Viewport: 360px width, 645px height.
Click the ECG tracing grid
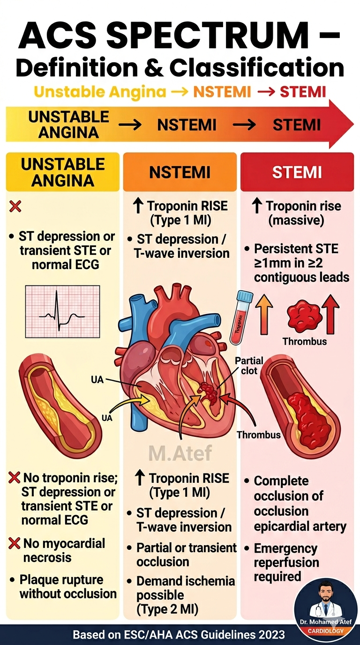(x=62, y=311)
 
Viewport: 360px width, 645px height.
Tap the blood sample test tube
(x=241, y=317)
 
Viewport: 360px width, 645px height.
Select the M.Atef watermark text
(x=180, y=452)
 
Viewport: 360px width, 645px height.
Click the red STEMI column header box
(x=297, y=172)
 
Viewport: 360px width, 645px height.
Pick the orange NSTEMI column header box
(x=180, y=172)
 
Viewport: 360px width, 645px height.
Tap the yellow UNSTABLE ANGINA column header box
(x=63, y=172)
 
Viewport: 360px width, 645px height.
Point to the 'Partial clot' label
(x=249, y=366)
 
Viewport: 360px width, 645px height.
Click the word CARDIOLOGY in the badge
(x=326, y=631)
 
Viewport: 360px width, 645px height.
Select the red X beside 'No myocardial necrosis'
(x=14, y=543)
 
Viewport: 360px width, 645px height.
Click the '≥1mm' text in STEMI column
(x=270, y=263)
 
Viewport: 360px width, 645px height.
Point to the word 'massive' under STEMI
(x=296, y=220)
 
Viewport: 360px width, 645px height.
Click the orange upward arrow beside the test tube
(x=264, y=315)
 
